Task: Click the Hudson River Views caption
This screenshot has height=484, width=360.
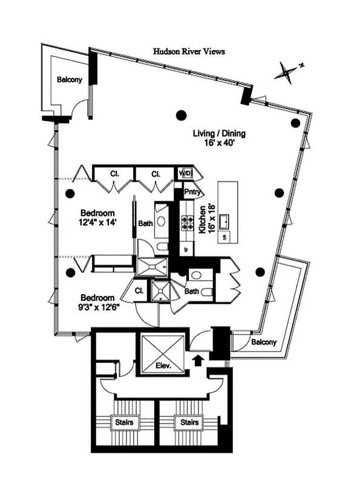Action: pyautogui.click(x=188, y=52)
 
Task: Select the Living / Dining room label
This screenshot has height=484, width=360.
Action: pyautogui.click(x=219, y=134)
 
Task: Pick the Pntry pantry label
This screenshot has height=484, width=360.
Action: pyautogui.click(x=192, y=193)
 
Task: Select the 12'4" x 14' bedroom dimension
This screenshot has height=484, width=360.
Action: pyautogui.click(x=99, y=223)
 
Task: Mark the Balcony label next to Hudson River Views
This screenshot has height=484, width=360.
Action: pyautogui.click(x=70, y=80)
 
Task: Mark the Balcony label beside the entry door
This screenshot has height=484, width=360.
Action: pyautogui.click(x=264, y=342)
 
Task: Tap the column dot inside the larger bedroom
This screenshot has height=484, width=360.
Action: pyautogui.click(x=71, y=194)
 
